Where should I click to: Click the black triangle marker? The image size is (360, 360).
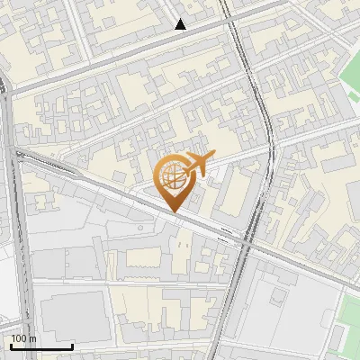(x=181, y=24)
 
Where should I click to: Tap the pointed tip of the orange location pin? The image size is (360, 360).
(x=174, y=211)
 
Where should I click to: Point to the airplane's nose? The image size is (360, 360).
(x=212, y=156)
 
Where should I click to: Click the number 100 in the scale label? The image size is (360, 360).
(x=18, y=338)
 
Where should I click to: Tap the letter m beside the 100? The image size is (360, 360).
(x=31, y=338)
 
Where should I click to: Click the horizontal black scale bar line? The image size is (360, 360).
(x=41, y=347)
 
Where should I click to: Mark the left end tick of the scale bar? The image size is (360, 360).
(x=10, y=346)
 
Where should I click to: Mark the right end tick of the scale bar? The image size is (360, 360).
(x=73, y=346)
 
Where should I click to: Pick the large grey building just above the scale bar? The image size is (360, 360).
(x=72, y=315)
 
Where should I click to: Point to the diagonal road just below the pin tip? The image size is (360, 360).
(x=180, y=218)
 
